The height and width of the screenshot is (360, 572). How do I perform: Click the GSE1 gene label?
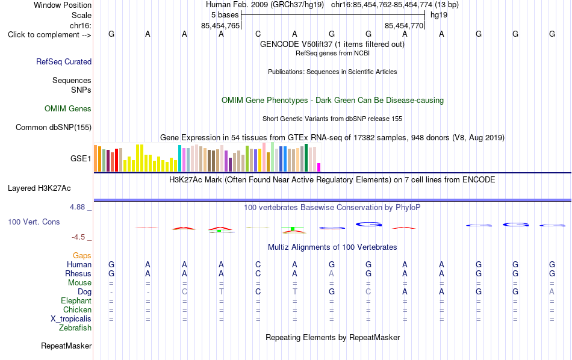pyautogui.click(x=81, y=158)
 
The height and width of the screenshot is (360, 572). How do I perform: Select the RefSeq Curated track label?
pyautogui.click(x=64, y=61)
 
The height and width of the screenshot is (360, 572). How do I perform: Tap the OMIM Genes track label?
pyautogui.click(x=68, y=109)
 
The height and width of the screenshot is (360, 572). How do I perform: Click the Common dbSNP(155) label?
pyautogui.click(x=54, y=127)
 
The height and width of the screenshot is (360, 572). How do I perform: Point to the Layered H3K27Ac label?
pyautogui.click(x=39, y=188)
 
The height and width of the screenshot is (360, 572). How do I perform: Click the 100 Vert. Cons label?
pyautogui.click(x=34, y=222)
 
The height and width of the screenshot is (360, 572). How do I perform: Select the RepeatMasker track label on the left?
pyautogui.click(x=66, y=346)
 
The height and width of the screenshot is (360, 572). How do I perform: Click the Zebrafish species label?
pyautogui.click(x=75, y=328)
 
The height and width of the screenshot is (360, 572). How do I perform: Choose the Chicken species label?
pyautogui.click(x=77, y=309)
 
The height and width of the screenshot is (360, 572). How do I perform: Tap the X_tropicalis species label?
pyautogui.click(x=71, y=319)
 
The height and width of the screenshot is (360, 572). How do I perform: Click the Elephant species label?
pyautogui.click(x=76, y=300)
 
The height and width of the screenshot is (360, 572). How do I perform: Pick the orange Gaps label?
pyautogui.click(x=82, y=256)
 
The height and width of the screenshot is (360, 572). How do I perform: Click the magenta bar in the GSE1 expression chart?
pyautogui.click(x=319, y=167)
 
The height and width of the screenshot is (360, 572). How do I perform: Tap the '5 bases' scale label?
pyautogui.click(x=225, y=15)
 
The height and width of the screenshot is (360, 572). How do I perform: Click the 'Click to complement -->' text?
pyautogui.click(x=49, y=35)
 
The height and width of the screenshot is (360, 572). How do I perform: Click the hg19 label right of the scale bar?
pyautogui.click(x=439, y=15)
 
